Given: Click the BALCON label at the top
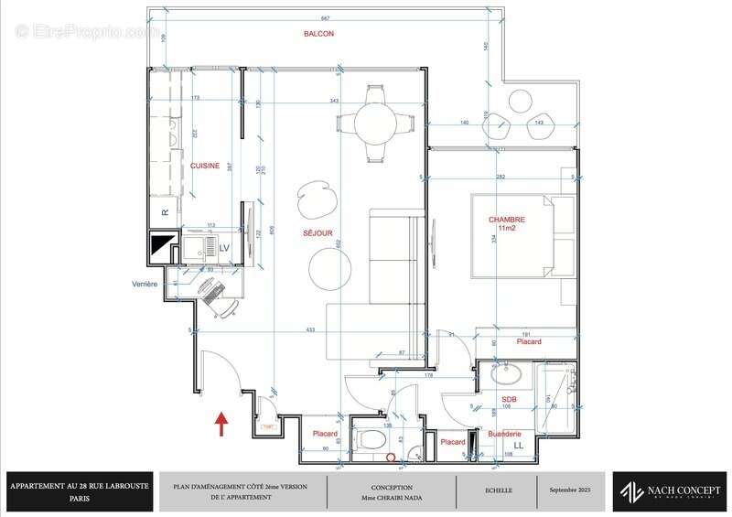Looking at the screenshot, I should [318, 33].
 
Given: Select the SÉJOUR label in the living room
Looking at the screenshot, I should [318, 233].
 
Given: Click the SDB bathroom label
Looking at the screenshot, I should [510, 400].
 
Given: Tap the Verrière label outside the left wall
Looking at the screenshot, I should [145, 285].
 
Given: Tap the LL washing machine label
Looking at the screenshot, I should [519, 445].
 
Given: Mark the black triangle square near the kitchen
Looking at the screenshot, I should [162, 245].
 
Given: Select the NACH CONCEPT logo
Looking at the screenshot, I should [670, 490].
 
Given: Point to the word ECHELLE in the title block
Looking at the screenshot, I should [499, 490].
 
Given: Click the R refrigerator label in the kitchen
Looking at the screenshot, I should [165, 212].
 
